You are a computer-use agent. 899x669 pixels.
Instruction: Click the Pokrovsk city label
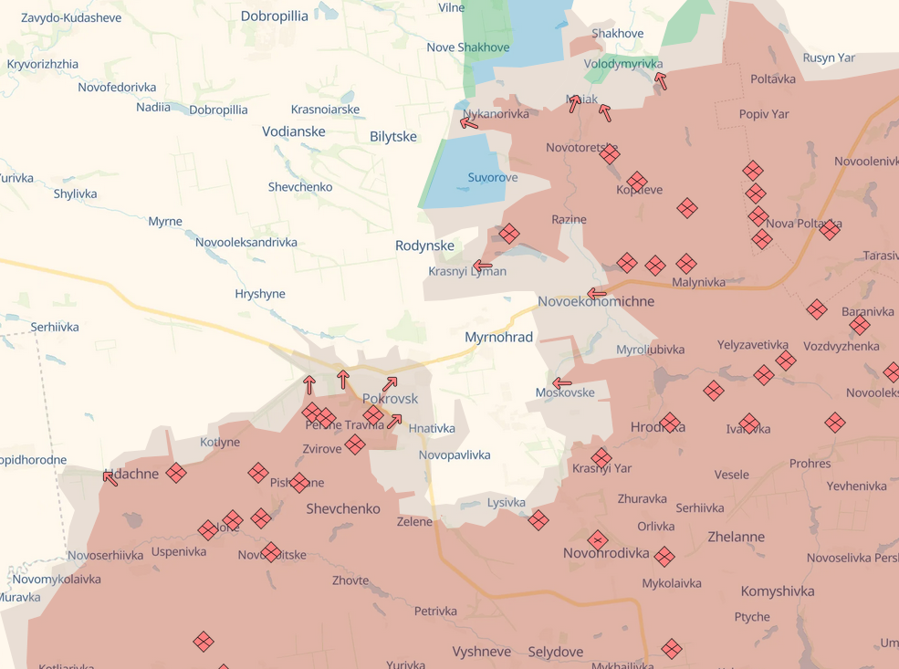390,399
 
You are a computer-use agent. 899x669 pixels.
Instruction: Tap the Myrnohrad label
498,338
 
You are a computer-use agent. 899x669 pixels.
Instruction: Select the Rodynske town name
424,246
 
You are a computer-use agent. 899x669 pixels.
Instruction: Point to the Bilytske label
393,137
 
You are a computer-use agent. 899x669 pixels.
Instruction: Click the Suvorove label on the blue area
492,177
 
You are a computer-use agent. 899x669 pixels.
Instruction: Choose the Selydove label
555,652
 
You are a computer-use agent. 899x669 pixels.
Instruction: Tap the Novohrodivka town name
606,553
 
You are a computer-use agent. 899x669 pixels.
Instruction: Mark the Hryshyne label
260,294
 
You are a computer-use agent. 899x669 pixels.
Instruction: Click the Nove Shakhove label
467,47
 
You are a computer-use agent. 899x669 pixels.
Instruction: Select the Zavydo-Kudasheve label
71,17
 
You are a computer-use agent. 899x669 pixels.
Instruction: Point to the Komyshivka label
777,591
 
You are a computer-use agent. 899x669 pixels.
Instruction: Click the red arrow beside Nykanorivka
469,122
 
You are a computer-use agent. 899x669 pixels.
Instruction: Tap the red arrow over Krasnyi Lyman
483,267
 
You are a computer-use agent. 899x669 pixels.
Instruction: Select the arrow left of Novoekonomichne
597,294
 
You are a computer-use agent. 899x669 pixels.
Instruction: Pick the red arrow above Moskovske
562,383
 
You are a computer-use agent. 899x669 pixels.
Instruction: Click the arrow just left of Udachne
110,477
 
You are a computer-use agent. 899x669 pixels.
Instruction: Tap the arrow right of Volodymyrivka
661,81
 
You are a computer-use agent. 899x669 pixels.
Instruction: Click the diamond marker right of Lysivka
538,520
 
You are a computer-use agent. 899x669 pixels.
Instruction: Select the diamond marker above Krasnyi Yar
601,457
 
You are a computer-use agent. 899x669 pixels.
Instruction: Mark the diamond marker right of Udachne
176,473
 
